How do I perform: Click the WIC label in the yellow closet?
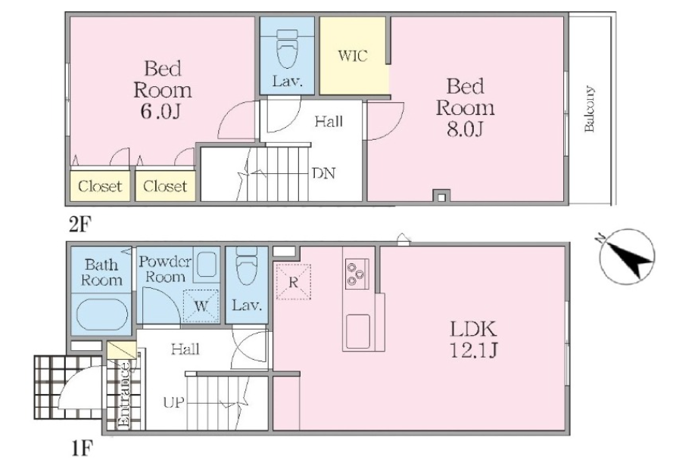(x=352, y=56)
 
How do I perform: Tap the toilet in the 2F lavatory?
(x=287, y=48)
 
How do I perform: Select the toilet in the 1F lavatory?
(x=247, y=265)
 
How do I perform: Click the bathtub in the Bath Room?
(x=101, y=314)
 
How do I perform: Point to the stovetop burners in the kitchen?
(x=357, y=272)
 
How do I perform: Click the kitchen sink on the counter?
(x=358, y=332)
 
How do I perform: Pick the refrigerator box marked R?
(x=293, y=281)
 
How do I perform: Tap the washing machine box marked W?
(x=201, y=306)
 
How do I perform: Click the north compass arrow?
(x=627, y=256)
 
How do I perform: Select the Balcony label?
(x=589, y=109)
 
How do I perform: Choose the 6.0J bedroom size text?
(x=160, y=111)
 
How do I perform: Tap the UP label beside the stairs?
(x=174, y=402)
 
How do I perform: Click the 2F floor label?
(x=81, y=224)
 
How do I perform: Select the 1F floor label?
(x=82, y=448)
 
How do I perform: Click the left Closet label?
(x=100, y=186)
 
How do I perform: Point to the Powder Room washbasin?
(x=207, y=262)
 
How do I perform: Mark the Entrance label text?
(x=123, y=395)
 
